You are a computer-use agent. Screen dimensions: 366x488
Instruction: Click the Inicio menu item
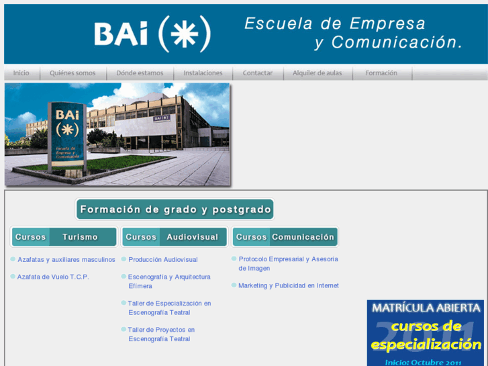pyautogui.click(x=21, y=73)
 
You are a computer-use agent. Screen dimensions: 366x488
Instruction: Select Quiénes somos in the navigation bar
pyautogui.click(x=72, y=73)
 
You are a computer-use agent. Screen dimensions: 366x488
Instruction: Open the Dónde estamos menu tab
pyautogui.click(x=140, y=73)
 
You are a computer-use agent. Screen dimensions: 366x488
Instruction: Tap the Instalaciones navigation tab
pyautogui.click(x=203, y=73)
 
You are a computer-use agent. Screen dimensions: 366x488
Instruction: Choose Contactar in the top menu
pyautogui.click(x=258, y=73)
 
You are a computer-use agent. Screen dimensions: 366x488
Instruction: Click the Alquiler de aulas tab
pyautogui.click(x=318, y=73)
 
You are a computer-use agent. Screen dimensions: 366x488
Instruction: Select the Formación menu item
pyautogui.click(x=381, y=73)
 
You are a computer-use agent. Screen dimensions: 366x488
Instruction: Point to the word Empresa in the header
pyautogui.click(x=387, y=24)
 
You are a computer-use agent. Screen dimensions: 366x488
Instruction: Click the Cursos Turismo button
pyautogui.click(x=64, y=237)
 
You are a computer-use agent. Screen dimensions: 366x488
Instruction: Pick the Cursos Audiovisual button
pyautogui.click(x=175, y=237)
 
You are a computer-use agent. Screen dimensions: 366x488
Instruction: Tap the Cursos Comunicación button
pyautogui.click(x=285, y=237)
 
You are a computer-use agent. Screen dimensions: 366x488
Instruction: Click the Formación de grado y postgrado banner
pyautogui.click(x=175, y=210)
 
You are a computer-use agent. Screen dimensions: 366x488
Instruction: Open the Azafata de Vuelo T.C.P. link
pyautogui.click(x=53, y=277)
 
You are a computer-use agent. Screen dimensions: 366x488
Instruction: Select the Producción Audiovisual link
pyautogui.click(x=163, y=259)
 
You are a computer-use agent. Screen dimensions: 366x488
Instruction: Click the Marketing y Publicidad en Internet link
pyautogui.click(x=289, y=285)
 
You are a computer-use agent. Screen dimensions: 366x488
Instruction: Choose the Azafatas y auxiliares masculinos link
pyautogui.click(x=66, y=259)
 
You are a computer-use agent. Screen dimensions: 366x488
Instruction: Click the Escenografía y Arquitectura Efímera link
pyautogui.click(x=169, y=281)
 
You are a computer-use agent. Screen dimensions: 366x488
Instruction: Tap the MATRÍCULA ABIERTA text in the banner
pyautogui.click(x=426, y=308)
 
